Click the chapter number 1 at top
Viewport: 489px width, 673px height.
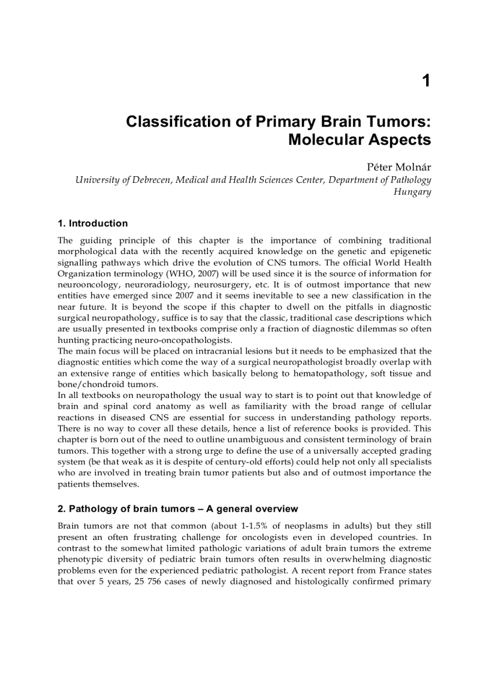tap(426, 81)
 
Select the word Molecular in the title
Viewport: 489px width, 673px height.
tap(328, 140)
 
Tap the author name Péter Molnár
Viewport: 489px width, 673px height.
tap(400, 167)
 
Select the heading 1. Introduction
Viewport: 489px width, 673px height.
tap(93, 224)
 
